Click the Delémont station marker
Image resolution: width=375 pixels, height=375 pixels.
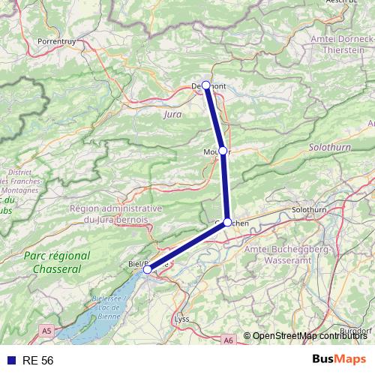pyautogui.click(x=206, y=85)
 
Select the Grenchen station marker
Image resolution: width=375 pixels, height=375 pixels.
pyautogui.click(x=227, y=222)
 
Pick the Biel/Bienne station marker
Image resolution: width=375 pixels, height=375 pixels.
pyautogui.click(x=148, y=269)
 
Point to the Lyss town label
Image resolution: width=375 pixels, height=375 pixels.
pyautogui.click(x=181, y=319)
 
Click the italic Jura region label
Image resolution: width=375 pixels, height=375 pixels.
pyautogui.click(x=172, y=115)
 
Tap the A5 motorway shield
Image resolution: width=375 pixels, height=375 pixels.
pyautogui.click(x=47, y=329)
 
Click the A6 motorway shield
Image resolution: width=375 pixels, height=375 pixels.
pyautogui.click(x=229, y=340)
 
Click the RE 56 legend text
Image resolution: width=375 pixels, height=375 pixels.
pyautogui.click(x=37, y=361)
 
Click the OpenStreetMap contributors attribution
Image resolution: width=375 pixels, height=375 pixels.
pyautogui.click(x=307, y=335)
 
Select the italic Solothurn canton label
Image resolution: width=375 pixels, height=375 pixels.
pyautogui.click(x=329, y=150)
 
